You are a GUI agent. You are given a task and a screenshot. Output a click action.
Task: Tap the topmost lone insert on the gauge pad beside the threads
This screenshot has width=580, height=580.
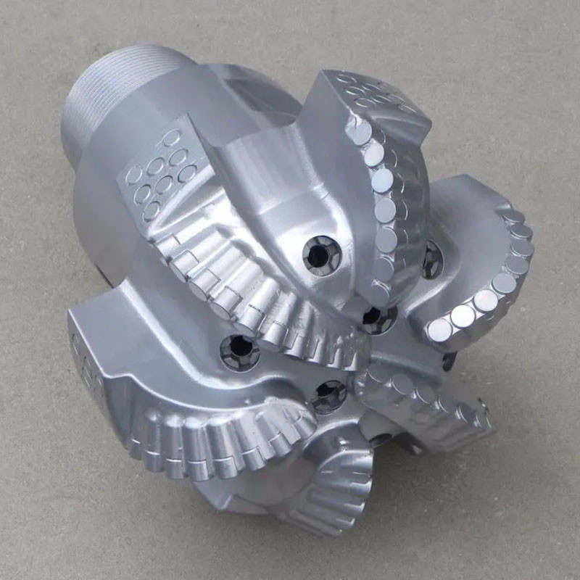click(x=171, y=137)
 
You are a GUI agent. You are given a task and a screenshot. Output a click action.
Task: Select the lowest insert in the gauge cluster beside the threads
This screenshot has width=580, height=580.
click(x=151, y=211)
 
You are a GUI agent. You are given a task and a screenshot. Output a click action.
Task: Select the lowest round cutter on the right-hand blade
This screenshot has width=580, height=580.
click(x=439, y=331)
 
